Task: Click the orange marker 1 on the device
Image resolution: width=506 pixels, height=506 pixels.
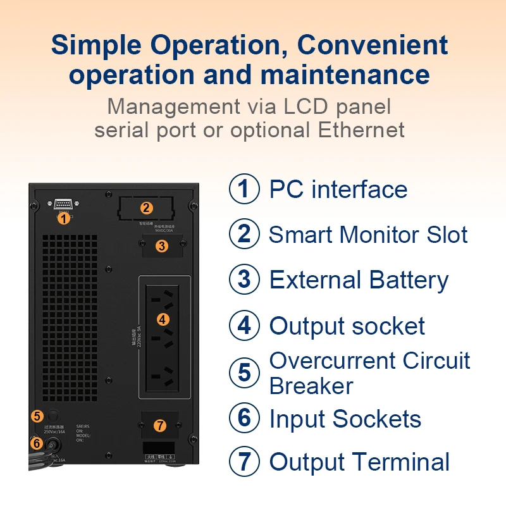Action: pos(63,218)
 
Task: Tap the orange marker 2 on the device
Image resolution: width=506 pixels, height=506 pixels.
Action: pos(147,207)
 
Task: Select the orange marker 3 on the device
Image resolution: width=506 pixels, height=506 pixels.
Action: pos(162,246)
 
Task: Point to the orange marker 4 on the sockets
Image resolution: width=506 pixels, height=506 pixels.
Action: pos(163,319)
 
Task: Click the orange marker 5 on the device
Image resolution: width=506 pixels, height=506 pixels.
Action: pos(37,416)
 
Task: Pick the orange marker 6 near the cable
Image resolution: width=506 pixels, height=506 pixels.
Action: pos(37,443)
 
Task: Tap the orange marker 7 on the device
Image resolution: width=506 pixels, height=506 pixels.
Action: pos(160,426)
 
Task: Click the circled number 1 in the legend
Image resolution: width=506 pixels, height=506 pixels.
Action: pos(244,189)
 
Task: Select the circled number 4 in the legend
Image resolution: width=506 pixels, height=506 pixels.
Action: pos(244,326)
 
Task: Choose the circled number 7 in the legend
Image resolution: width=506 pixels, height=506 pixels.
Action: pos(244,461)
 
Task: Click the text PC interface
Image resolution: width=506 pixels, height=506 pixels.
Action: pos(338,189)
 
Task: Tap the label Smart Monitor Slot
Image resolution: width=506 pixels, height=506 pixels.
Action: pos(368,235)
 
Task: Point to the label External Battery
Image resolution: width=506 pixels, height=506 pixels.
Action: pos(359,280)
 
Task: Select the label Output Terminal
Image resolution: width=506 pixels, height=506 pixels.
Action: pos(359,462)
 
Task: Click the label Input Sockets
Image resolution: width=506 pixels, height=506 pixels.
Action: pos(345,419)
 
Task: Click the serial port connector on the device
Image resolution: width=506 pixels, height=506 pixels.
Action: pos(63,204)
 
